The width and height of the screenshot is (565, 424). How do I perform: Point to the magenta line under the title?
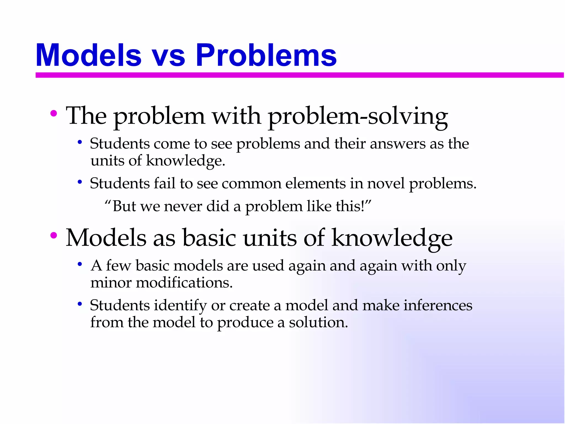(299, 75)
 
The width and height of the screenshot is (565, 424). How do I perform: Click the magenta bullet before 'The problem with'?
(54, 113)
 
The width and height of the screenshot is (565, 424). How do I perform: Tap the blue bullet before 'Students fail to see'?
(80, 182)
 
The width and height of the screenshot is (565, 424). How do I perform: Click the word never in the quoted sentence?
(183, 206)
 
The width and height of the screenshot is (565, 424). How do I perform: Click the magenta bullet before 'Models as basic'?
(54, 235)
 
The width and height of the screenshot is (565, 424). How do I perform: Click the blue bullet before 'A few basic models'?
(80, 264)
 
